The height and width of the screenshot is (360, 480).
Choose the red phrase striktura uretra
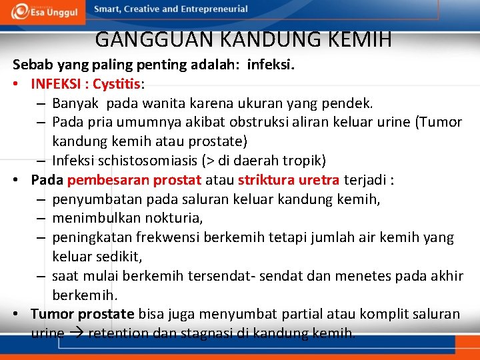coord(289,180)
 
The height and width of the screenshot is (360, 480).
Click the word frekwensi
coord(171,237)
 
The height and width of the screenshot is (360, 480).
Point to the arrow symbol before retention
coord(76,333)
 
